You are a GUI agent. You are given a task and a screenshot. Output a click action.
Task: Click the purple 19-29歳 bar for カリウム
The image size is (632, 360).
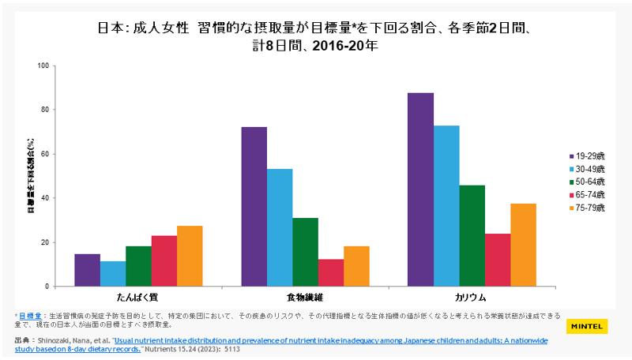click(x=421, y=189)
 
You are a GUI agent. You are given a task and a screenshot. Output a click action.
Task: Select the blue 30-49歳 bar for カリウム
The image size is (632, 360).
click(x=446, y=205)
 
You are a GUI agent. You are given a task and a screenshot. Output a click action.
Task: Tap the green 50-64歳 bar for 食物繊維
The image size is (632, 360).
click(x=305, y=252)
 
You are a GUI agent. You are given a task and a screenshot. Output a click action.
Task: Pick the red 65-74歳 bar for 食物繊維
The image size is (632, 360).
click(x=330, y=272)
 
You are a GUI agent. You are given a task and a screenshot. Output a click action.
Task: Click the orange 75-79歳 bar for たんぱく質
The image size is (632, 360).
click(x=190, y=256)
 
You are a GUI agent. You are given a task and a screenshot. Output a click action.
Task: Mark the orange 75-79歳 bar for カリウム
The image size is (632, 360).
click(x=523, y=245)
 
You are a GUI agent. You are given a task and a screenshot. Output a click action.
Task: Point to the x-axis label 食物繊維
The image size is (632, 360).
click(x=304, y=298)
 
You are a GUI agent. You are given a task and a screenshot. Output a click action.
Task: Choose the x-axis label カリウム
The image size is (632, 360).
click(x=472, y=298)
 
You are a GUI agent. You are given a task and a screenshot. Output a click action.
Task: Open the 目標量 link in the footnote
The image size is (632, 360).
click(x=31, y=315)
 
